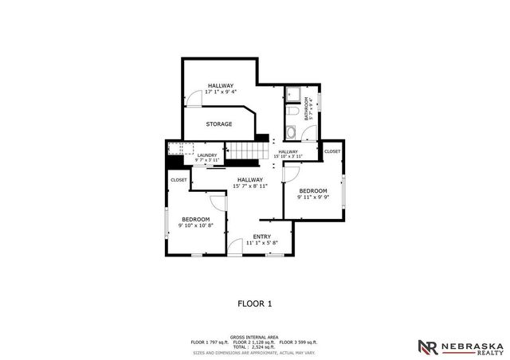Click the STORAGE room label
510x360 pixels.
coord(219,124)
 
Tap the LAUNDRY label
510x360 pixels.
coord(207,156)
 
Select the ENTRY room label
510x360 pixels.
coord(261,237)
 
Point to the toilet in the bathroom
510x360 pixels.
coord(292,133)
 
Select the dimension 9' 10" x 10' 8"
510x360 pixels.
coord(195,226)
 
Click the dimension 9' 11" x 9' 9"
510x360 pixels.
coord(313,198)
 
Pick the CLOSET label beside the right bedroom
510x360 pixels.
coord(332,151)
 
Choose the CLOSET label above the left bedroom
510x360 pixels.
coord(178,180)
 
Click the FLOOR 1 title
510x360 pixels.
coord(255,303)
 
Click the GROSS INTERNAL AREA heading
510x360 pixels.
coord(254,337)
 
